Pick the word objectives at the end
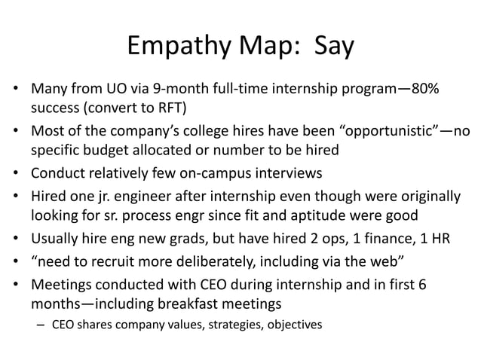pos(293,326)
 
